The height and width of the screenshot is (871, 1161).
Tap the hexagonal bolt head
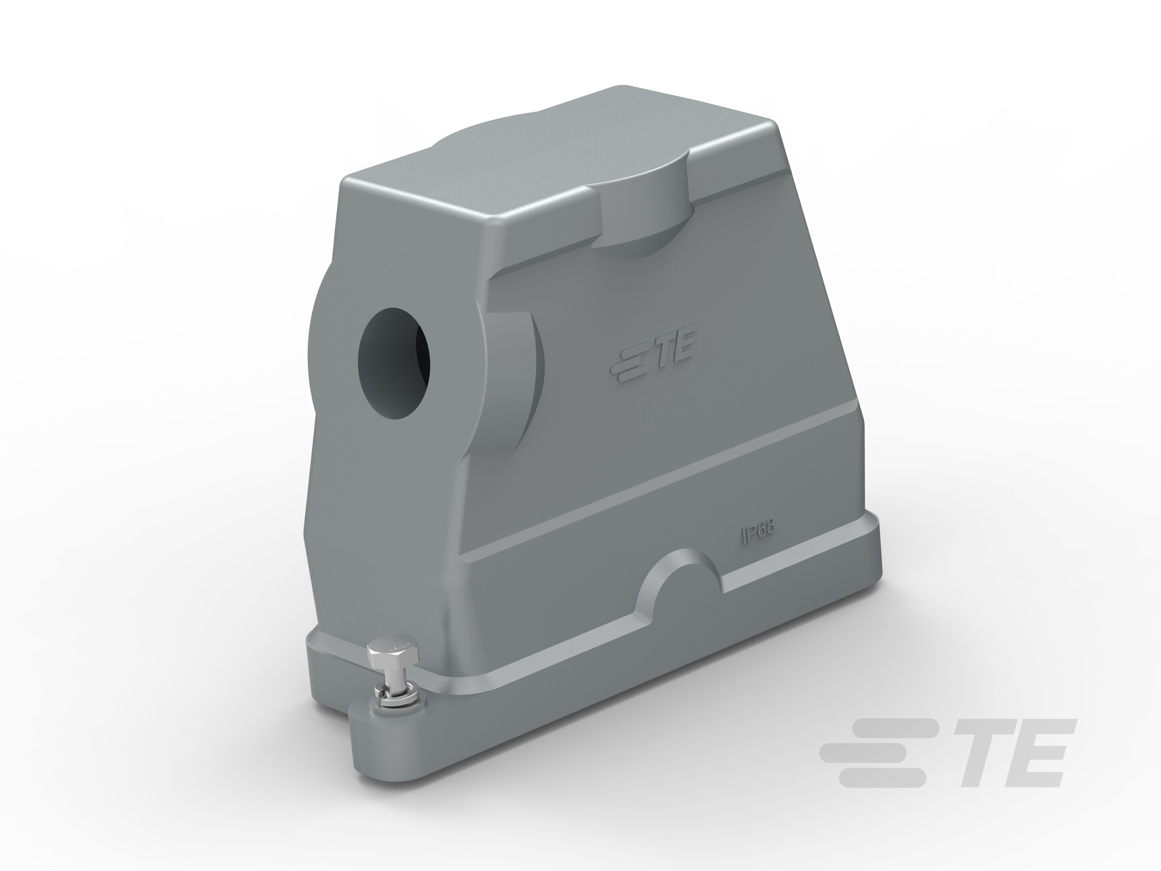coord(393,655)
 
